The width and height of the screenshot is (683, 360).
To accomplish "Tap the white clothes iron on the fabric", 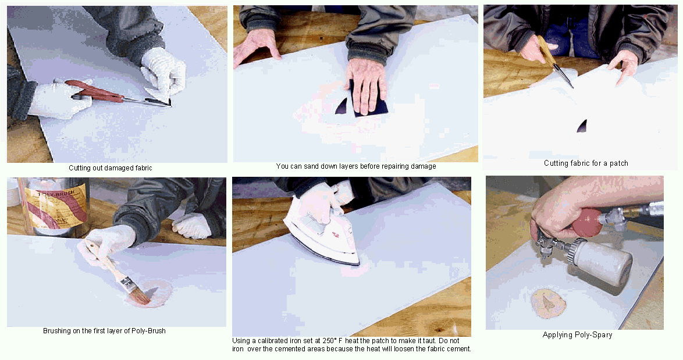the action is [x=322, y=235].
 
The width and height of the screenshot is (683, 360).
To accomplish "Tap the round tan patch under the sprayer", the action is [x=549, y=304].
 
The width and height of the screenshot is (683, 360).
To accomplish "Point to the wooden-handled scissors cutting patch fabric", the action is [x=554, y=62].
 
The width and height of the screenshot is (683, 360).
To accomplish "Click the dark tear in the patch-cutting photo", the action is [x=582, y=126].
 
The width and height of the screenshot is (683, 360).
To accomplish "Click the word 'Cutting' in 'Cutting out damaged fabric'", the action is [x=80, y=168].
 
